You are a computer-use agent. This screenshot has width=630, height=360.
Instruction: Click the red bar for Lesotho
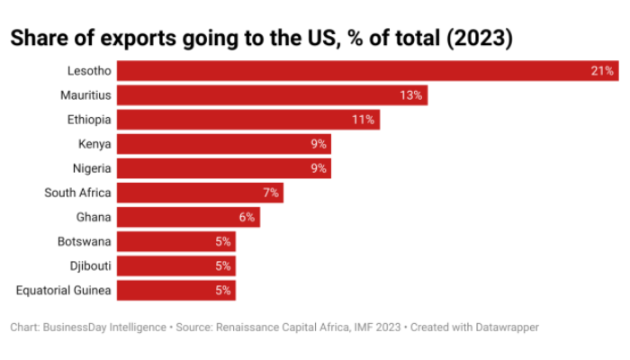[x=360, y=70]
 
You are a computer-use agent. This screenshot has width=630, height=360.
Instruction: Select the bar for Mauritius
[x=270, y=94]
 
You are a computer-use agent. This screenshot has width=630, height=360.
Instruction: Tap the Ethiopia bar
[x=247, y=119]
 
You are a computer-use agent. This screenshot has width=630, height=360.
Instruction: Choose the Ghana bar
[x=188, y=217]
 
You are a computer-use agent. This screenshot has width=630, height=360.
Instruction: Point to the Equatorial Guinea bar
[x=175, y=290]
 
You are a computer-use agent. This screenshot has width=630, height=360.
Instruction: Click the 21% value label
[x=602, y=70]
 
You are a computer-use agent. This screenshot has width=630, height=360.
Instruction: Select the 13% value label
[x=412, y=94]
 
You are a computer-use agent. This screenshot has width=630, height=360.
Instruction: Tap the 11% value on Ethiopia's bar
[x=364, y=119]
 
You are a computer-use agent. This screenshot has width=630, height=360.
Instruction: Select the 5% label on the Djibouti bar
[x=223, y=265]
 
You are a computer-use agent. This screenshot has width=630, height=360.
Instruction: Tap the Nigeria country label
[x=91, y=167]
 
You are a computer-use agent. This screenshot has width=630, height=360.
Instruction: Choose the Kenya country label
[x=94, y=143]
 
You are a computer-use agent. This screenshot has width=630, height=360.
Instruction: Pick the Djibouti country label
[x=89, y=265]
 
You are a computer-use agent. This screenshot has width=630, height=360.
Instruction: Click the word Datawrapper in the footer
[x=506, y=328]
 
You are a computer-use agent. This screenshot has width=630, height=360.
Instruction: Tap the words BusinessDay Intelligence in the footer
[x=103, y=328]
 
